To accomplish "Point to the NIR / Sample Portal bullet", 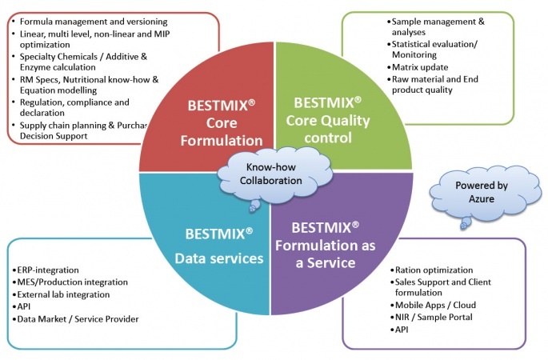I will coord(436,317).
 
